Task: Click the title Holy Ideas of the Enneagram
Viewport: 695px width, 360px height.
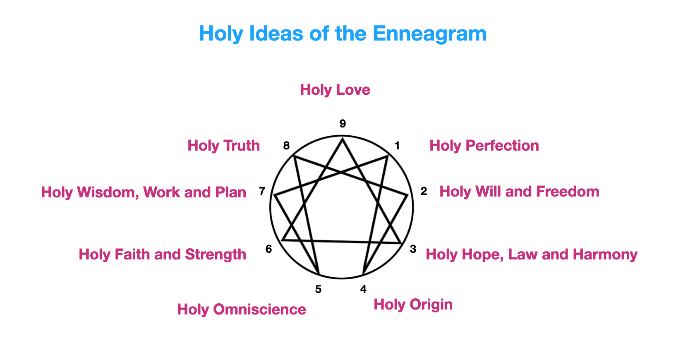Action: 343,34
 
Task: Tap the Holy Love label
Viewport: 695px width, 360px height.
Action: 335,90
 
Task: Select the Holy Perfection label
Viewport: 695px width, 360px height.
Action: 484,146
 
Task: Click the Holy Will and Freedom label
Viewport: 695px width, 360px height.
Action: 519,192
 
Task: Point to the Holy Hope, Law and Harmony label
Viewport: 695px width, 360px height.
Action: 532,254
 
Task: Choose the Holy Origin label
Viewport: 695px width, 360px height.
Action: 413,305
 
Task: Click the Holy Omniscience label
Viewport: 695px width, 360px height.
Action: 242,310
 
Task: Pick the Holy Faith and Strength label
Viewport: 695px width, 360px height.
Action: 163,254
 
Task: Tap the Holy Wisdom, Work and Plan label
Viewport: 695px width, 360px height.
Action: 144,192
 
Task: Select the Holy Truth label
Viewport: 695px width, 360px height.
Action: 224,146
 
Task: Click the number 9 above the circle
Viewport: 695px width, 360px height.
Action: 343,124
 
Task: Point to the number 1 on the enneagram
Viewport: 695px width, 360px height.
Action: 397,146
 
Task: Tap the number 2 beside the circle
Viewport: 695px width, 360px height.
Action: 424,191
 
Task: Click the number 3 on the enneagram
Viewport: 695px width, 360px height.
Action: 413,249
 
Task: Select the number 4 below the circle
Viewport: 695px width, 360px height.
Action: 363,289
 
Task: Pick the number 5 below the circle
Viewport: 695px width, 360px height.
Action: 318,289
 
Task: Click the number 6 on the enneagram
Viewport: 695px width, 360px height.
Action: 269,249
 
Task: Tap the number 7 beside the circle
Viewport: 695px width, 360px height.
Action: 262,191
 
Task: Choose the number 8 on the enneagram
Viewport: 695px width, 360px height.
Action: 286,146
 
